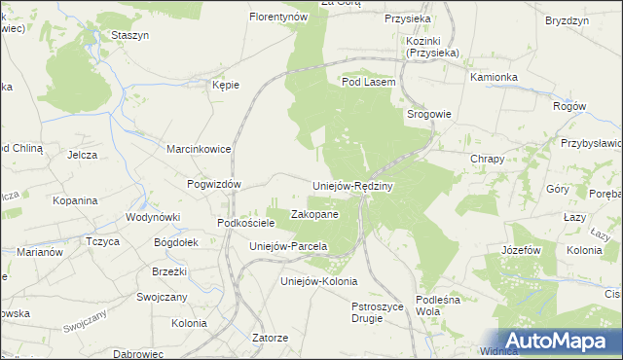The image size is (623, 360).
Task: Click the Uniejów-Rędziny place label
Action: pyautogui.click(x=351, y=186)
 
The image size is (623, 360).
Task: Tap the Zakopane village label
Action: pyautogui.click(x=315, y=214)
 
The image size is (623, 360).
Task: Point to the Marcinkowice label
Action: pyautogui.click(x=198, y=149)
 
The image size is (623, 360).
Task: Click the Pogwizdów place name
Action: pyautogui.click(x=213, y=183)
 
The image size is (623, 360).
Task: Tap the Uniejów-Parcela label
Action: pyautogui.click(x=287, y=246)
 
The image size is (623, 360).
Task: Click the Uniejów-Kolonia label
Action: pyautogui.click(x=312, y=281)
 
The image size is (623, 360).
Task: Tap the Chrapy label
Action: pyautogui.click(x=487, y=159)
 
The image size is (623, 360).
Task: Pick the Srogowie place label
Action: pyautogui.click(x=428, y=114)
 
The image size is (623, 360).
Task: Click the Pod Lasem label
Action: pyautogui.click(x=368, y=83)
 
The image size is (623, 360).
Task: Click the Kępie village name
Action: pyautogui.click(x=226, y=85)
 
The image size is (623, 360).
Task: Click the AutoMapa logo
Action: pyautogui.click(x=552, y=340)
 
